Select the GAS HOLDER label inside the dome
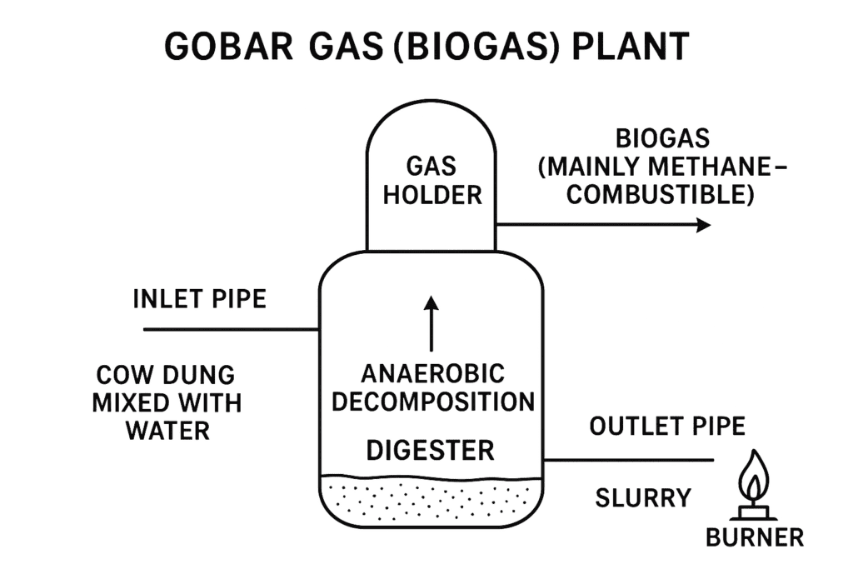click(431, 180)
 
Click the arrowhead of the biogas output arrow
click(704, 225)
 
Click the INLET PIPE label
click(199, 298)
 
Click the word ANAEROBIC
click(432, 372)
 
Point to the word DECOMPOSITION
click(432, 402)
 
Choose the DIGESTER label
click(431, 451)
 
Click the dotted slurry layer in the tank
click(431, 499)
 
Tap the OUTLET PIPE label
click(667, 427)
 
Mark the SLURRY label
click(643, 498)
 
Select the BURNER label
click(755, 537)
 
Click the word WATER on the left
click(167, 432)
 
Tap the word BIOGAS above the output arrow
click(662, 137)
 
